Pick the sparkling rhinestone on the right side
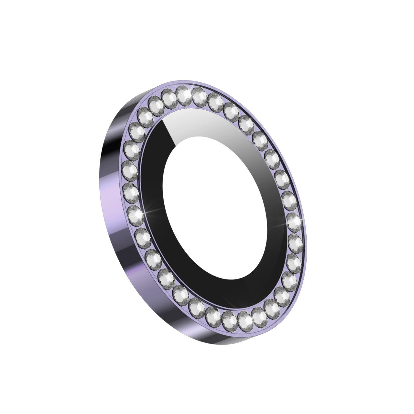click(x=293, y=221)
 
